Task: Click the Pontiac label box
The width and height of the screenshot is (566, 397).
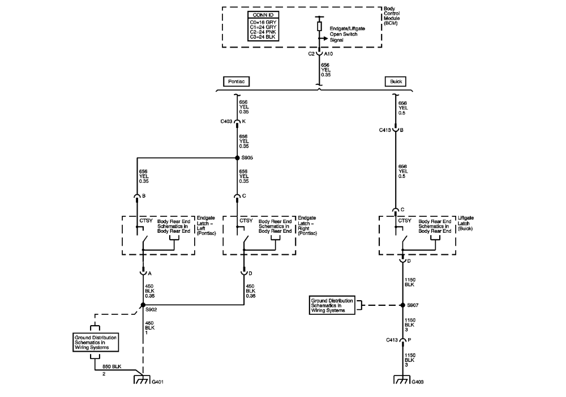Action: pos(237,82)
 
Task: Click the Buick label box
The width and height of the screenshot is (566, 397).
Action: pos(395,82)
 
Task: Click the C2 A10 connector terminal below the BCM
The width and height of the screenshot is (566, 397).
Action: pos(320,54)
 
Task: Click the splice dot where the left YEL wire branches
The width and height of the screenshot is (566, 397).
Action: pos(238,157)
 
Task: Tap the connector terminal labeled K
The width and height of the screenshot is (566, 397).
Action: pos(237,122)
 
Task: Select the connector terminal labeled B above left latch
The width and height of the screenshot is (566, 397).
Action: pos(138,197)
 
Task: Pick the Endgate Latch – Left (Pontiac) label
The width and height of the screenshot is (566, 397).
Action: pos(205,225)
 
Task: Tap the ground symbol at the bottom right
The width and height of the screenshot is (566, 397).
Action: pos(402,381)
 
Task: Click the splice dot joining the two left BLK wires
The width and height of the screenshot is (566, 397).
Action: pos(141,309)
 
